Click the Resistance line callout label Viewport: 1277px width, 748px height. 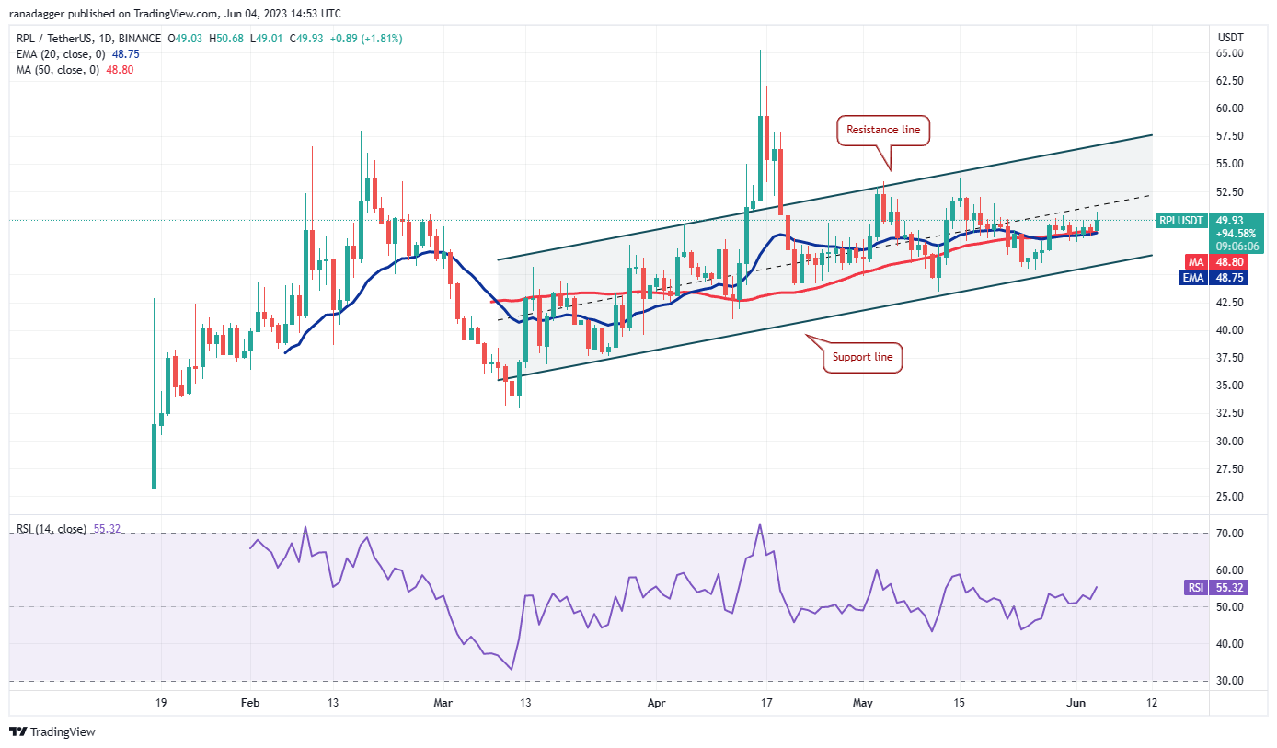[883, 130]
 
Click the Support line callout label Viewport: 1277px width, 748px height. [861, 357]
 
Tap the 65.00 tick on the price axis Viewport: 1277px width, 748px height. [1230, 53]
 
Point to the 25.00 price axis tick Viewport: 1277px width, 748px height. [1230, 497]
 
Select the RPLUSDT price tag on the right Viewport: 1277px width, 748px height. [1182, 220]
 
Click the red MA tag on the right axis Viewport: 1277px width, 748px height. [1195, 261]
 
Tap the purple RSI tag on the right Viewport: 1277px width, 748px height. [1195, 587]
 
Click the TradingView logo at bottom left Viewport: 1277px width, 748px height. [53, 731]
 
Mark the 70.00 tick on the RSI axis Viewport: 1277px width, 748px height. [1230, 534]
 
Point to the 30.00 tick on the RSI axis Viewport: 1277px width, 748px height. [1230, 681]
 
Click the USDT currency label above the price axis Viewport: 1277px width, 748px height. [1229, 38]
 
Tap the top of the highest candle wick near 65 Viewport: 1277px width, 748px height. [760, 51]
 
